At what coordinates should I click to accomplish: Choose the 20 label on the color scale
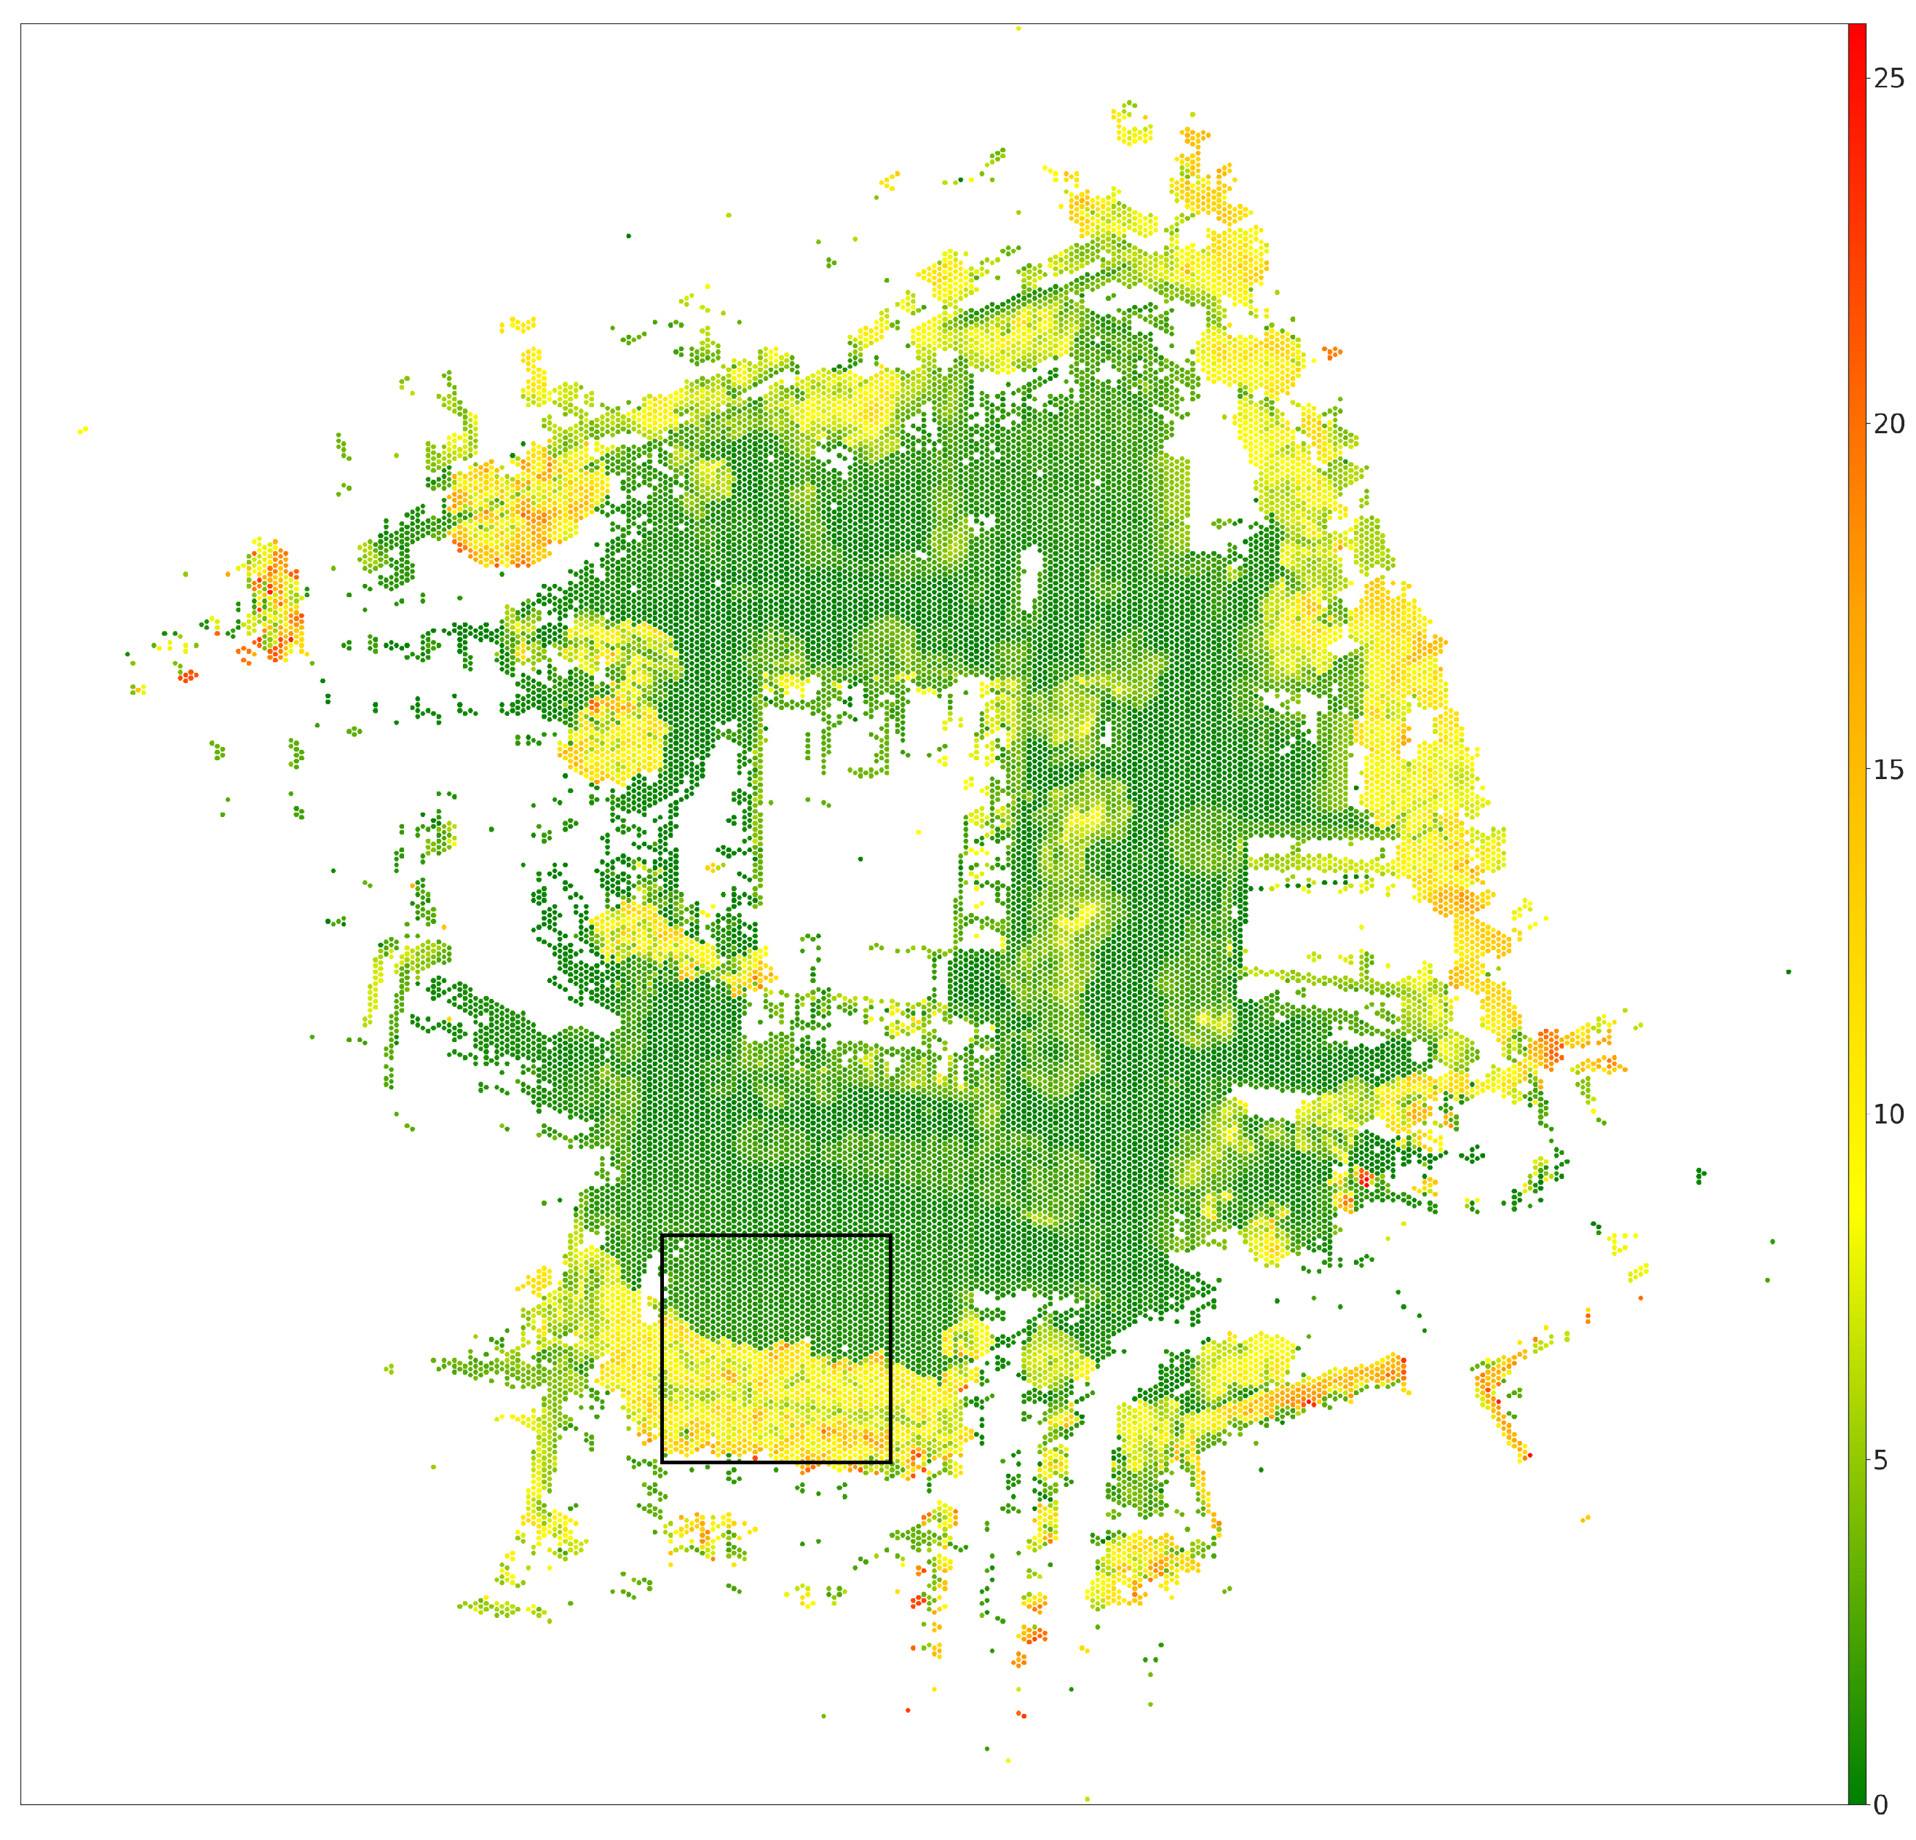1888,425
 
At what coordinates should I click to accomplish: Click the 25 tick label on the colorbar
1888,78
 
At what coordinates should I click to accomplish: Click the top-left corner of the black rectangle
662,1236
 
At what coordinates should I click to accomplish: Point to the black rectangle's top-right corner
890,1236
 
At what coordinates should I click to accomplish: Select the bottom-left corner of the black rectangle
662,1463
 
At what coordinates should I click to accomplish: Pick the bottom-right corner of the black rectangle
890,1463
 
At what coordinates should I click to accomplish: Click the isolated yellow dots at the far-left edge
83,429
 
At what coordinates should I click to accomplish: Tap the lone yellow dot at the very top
1018,28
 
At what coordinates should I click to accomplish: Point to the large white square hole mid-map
860,841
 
